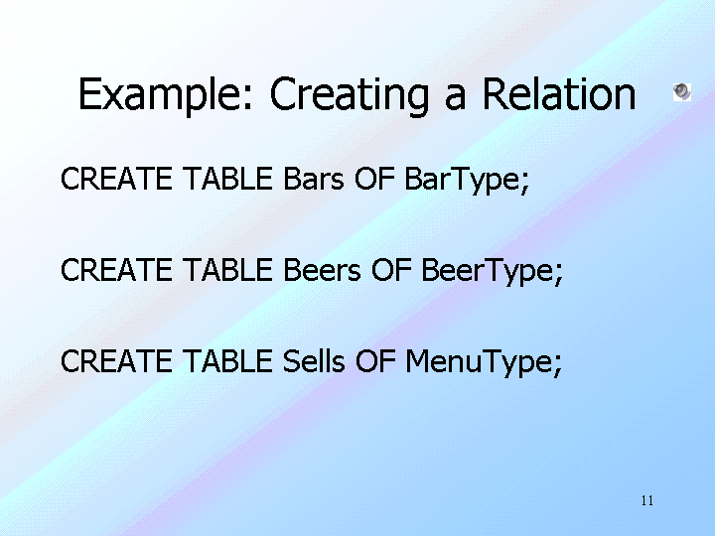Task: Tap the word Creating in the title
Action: point(350,95)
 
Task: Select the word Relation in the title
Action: point(559,93)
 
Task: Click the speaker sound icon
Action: point(682,92)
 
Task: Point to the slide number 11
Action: point(647,500)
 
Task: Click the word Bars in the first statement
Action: point(313,179)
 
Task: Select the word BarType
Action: point(467,180)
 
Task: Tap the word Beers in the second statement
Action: point(322,270)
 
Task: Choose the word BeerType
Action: point(492,271)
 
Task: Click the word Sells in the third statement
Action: point(313,361)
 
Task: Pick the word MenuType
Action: point(484,363)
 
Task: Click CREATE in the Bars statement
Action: point(116,179)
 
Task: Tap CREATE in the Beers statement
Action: point(116,270)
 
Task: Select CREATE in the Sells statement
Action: point(116,361)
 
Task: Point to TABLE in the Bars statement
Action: point(227,179)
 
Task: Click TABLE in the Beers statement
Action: point(227,270)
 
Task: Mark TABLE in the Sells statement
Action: point(227,361)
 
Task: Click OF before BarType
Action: point(374,179)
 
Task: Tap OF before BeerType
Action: point(391,270)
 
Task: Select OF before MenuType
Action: point(374,361)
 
